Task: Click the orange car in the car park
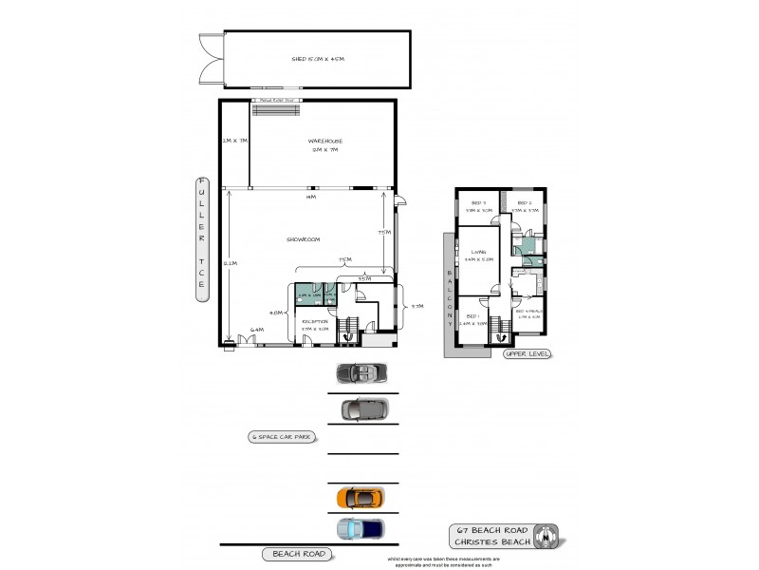(x=361, y=497)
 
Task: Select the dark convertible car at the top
(x=360, y=372)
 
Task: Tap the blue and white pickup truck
(x=361, y=528)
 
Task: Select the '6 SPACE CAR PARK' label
(x=281, y=437)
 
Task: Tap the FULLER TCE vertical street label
(x=201, y=238)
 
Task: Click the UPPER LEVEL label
(x=528, y=353)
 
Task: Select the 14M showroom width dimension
(x=310, y=197)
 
